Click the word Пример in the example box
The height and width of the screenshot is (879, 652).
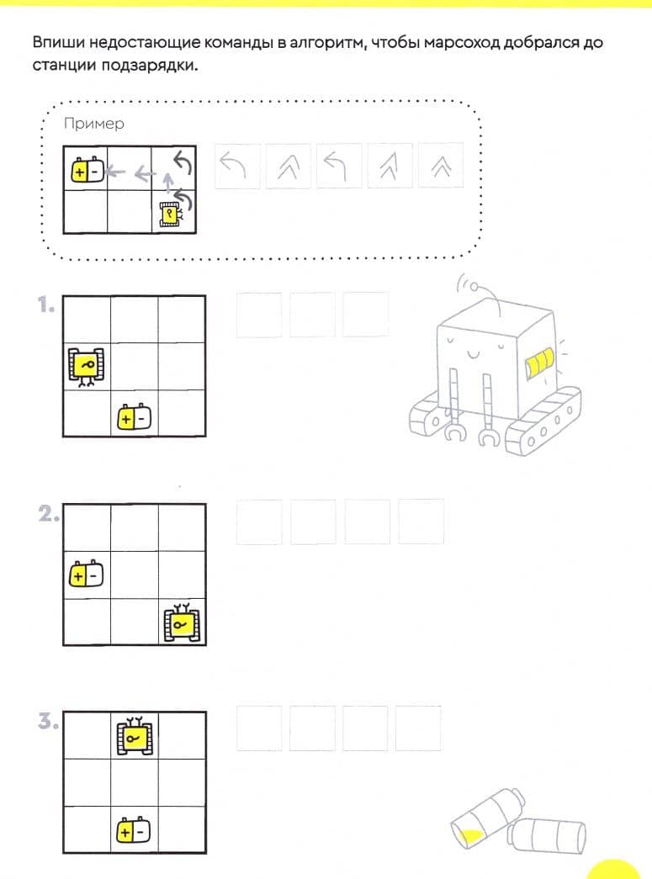93,124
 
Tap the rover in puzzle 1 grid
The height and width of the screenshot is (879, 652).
87,368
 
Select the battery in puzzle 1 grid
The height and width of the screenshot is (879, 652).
134,417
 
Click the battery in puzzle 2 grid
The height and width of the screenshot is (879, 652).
87,574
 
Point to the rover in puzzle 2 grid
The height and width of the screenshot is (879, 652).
182,622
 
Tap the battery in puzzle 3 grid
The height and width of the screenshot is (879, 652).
134,830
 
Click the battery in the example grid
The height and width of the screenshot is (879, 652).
87,170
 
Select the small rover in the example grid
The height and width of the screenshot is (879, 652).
170,214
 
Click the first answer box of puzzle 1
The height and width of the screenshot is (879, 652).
259,315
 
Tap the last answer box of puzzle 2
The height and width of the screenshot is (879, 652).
421,522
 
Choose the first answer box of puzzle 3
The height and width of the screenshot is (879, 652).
259,728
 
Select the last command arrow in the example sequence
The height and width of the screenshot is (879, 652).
441,166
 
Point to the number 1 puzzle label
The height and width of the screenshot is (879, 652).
46,305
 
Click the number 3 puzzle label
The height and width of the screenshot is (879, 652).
48,721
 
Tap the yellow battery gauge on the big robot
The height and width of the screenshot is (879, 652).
539,363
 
